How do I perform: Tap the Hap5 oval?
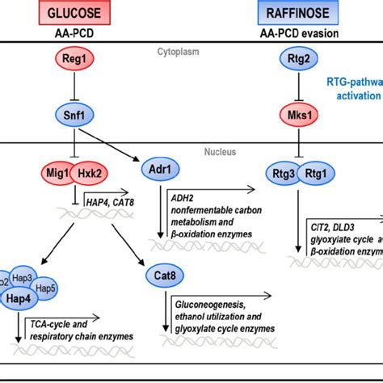pyautogui.click(x=45, y=289)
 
